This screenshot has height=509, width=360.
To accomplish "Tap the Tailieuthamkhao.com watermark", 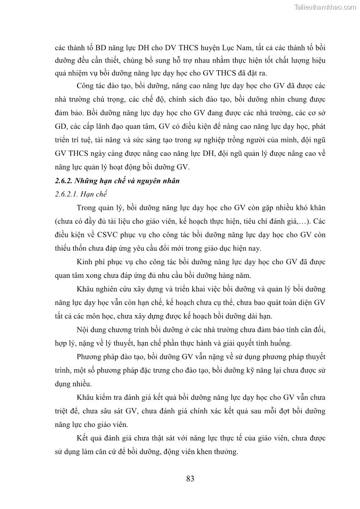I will pyautogui.click(x=325, y=7).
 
